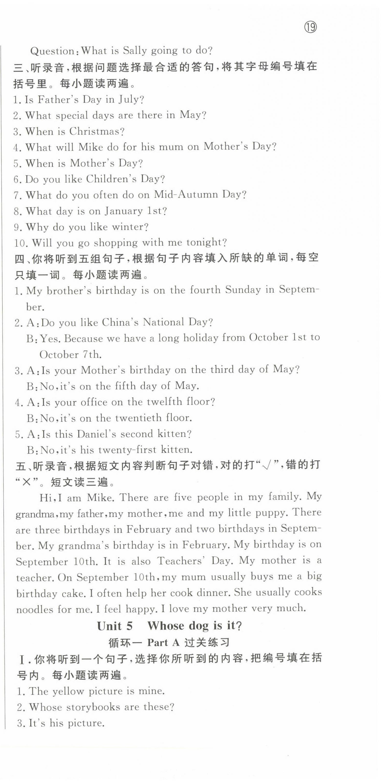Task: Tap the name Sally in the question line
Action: (135, 51)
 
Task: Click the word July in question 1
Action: (131, 100)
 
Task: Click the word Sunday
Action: (243, 290)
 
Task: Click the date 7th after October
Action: (91, 354)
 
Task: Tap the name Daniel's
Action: (96, 434)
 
